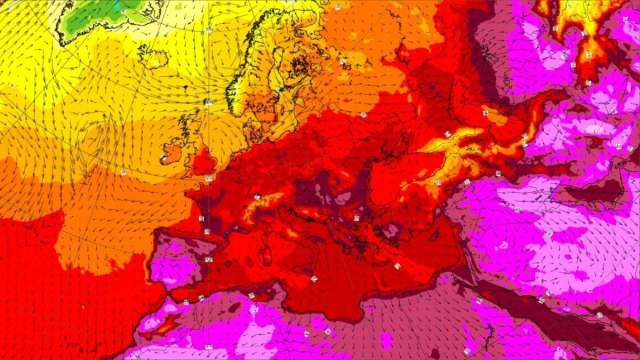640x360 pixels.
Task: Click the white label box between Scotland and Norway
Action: tap(208, 102)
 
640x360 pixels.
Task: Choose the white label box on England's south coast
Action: tap(208, 180)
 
